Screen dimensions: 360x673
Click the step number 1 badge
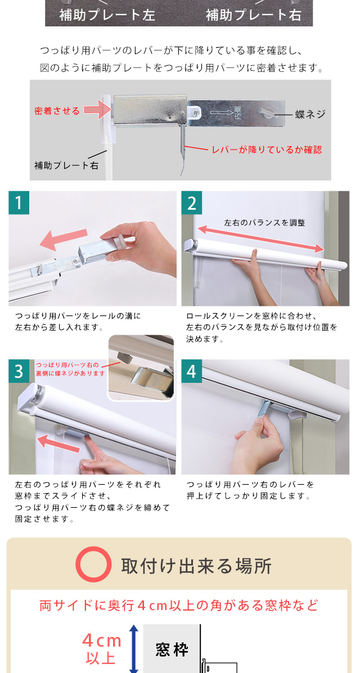19,202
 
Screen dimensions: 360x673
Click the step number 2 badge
192,202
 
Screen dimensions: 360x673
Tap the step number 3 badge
19,371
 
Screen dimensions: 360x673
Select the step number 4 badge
192,371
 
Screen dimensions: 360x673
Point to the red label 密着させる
57,111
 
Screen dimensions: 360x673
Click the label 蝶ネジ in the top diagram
310,114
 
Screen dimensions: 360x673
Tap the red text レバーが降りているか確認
267,150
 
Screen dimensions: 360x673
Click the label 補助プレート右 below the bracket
66,165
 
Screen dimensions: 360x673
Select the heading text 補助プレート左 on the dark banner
107,15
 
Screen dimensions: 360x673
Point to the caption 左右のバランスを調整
264,223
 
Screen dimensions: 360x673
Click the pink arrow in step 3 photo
58,442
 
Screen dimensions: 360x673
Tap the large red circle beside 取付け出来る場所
93,564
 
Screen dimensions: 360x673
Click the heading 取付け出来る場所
196,566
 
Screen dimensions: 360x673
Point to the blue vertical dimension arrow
134,648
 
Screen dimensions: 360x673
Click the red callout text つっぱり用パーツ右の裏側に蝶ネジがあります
70,369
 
